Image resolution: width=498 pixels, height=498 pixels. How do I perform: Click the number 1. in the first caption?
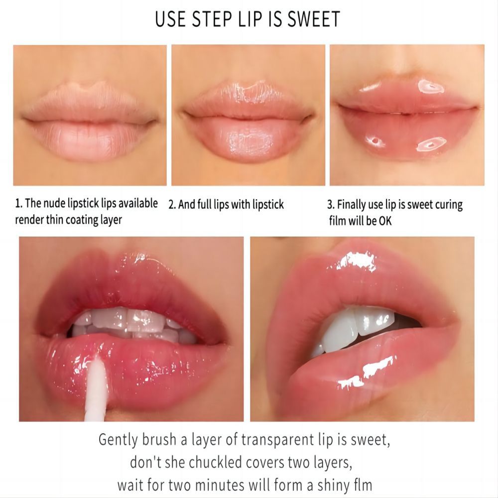coord(19,204)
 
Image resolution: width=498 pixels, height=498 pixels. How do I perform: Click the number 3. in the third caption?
coord(331,205)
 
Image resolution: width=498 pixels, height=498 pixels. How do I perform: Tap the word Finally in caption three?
coord(353,205)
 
